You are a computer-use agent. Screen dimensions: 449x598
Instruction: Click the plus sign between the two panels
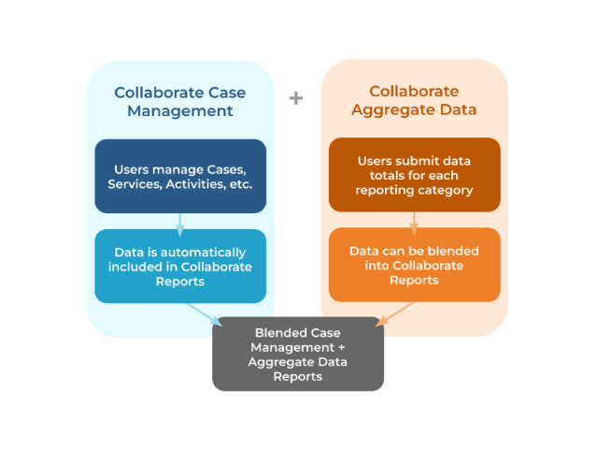296,97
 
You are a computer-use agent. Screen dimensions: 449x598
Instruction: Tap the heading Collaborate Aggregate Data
414,101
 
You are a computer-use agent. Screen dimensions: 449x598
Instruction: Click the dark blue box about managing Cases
180,176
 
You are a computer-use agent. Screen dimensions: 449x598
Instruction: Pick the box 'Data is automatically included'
180,267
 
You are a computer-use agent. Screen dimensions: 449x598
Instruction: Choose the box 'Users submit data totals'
414,176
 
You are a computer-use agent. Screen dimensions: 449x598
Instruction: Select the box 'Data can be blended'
414,266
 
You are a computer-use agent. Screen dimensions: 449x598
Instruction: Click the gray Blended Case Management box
298,355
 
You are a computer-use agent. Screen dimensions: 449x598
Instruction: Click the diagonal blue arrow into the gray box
205,313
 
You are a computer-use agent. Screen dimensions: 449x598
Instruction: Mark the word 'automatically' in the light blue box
204,253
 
